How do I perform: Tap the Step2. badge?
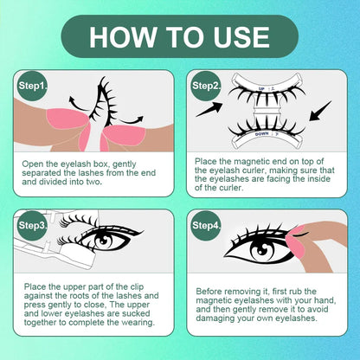205,87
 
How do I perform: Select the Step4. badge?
205,225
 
